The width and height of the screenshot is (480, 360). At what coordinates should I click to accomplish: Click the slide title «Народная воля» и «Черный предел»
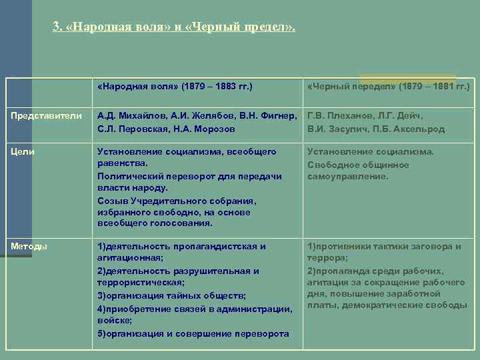coord(174,28)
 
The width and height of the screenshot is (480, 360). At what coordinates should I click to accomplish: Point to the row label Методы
coord(28,247)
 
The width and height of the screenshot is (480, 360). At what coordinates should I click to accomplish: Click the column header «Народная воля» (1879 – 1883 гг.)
coord(175,87)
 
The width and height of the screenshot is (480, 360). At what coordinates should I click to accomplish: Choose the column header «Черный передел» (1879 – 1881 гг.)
coord(389,87)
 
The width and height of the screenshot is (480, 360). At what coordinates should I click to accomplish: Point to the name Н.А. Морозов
coord(214,129)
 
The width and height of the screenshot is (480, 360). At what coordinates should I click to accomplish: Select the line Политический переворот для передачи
coord(189,176)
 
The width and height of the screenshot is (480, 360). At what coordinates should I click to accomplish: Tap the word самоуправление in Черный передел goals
coord(347,177)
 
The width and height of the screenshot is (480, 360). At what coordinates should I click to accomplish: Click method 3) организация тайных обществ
coord(171,295)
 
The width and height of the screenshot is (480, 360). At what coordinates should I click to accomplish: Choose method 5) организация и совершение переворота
coord(192,333)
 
